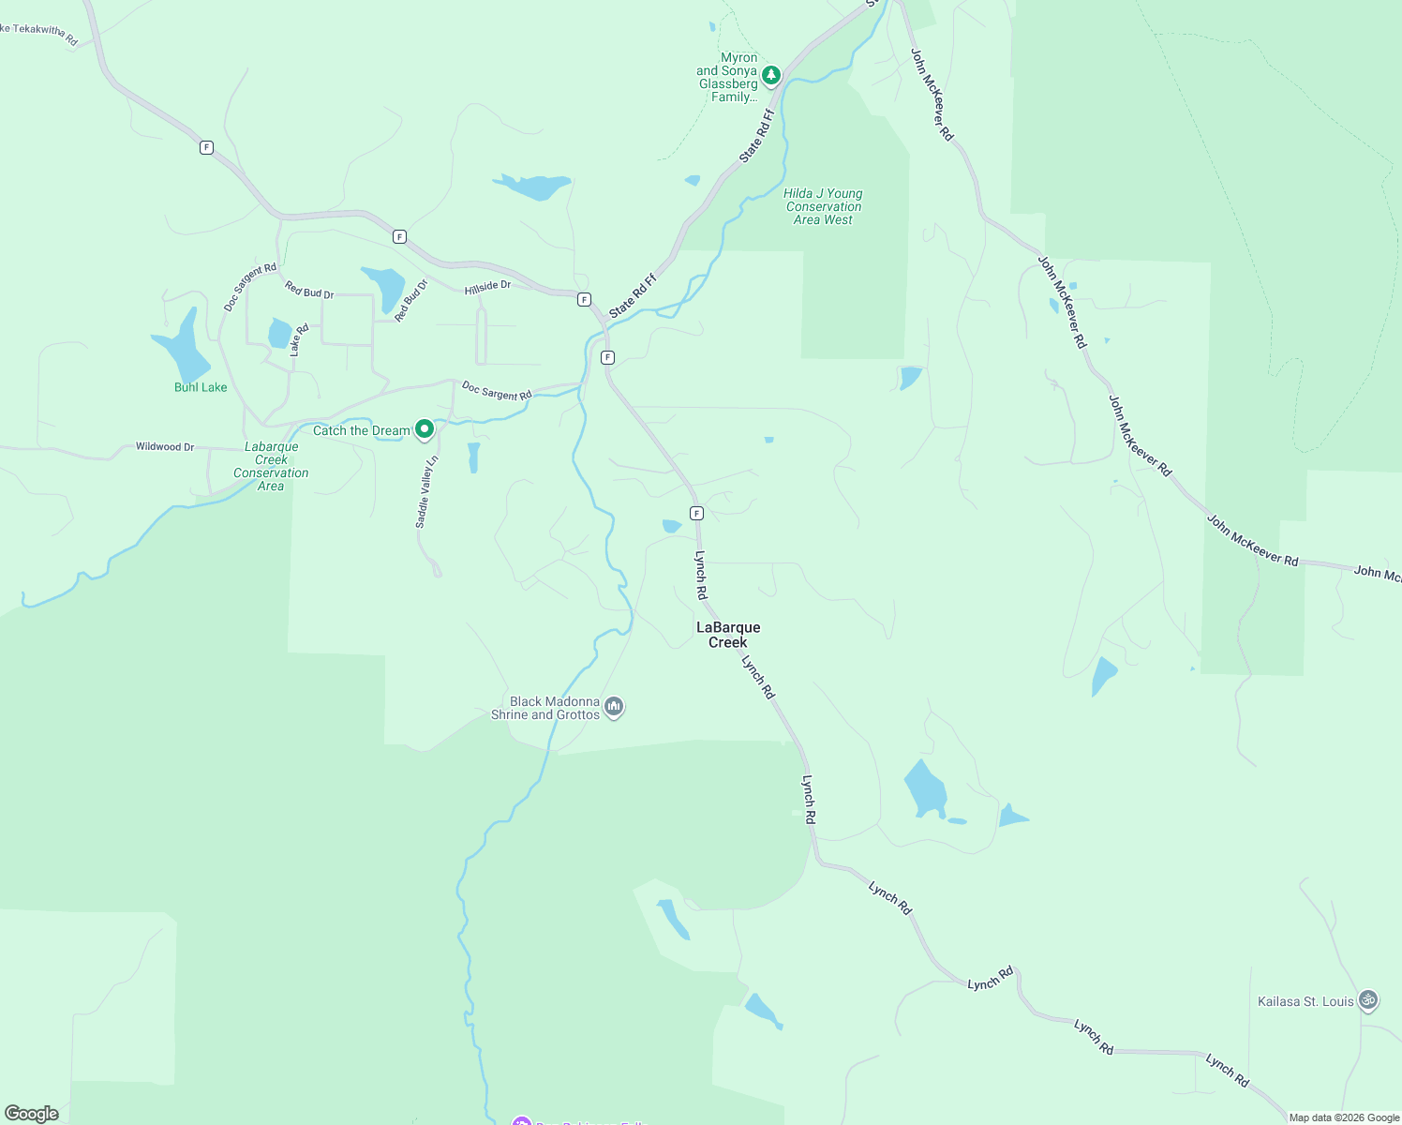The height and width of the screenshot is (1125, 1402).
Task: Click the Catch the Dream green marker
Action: click(424, 429)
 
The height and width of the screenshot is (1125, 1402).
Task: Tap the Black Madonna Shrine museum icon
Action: click(614, 706)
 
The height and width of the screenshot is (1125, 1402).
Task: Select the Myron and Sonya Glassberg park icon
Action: click(771, 75)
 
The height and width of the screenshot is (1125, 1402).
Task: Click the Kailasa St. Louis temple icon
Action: click(1368, 1000)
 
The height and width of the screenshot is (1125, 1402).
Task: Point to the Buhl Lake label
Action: click(201, 387)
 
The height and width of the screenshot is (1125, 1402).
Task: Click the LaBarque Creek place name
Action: click(728, 635)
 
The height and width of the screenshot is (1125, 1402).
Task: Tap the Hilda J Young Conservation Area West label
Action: click(824, 206)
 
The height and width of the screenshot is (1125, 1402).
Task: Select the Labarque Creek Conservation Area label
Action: click(271, 466)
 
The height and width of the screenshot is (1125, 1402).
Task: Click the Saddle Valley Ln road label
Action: click(426, 492)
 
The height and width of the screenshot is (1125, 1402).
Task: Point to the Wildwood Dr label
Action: click(165, 446)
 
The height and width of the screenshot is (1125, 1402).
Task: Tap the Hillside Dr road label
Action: click(487, 287)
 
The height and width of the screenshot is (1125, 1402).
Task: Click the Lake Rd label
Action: click(299, 340)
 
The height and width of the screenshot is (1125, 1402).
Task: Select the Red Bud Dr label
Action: click(309, 291)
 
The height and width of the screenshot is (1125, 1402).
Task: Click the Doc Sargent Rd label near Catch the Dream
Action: click(497, 390)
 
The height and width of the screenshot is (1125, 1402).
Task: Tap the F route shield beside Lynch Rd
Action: click(696, 513)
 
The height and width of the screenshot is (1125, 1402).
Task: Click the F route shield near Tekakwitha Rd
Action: click(206, 147)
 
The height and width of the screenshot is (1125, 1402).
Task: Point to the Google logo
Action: click(32, 1114)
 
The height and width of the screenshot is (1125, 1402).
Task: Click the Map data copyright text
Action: click(1344, 1117)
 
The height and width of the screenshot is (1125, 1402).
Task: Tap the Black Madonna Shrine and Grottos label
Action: click(545, 708)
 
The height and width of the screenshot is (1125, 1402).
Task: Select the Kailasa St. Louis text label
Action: click(1305, 1001)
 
